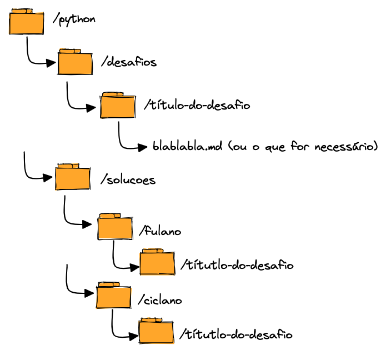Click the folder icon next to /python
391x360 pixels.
click(27, 22)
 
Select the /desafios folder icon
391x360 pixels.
click(75, 62)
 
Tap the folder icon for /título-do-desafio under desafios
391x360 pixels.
click(118, 106)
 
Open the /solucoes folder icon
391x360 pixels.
click(73, 178)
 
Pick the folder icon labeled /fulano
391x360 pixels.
click(115, 227)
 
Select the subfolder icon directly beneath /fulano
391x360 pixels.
click(157, 262)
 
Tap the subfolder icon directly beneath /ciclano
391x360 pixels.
click(156, 332)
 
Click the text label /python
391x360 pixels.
click(74, 19)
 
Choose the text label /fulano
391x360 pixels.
click(161, 231)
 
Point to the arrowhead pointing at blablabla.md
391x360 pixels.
click(143, 148)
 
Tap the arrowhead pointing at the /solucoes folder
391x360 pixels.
click(50, 178)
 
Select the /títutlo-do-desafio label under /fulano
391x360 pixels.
click(237, 265)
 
